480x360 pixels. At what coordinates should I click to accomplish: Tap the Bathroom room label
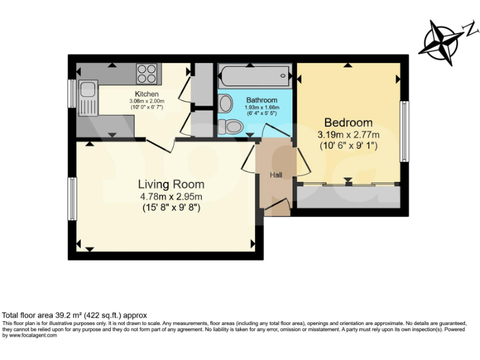[x=261, y=100]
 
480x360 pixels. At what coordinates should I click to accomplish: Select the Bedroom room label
[x=348, y=122]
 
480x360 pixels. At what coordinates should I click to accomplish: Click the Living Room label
[x=171, y=184]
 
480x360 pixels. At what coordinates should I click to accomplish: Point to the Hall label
[x=276, y=175]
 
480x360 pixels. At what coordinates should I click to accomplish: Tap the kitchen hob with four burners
[x=147, y=74]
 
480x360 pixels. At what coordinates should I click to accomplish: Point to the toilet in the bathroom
[x=233, y=127]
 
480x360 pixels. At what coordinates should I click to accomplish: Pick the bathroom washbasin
[x=225, y=101]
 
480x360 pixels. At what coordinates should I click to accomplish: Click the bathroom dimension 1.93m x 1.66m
[x=261, y=110]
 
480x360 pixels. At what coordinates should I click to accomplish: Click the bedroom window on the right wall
[x=404, y=131]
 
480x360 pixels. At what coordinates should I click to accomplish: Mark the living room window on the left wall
[x=72, y=199]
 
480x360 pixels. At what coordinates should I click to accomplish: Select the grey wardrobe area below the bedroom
[x=347, y=196]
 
